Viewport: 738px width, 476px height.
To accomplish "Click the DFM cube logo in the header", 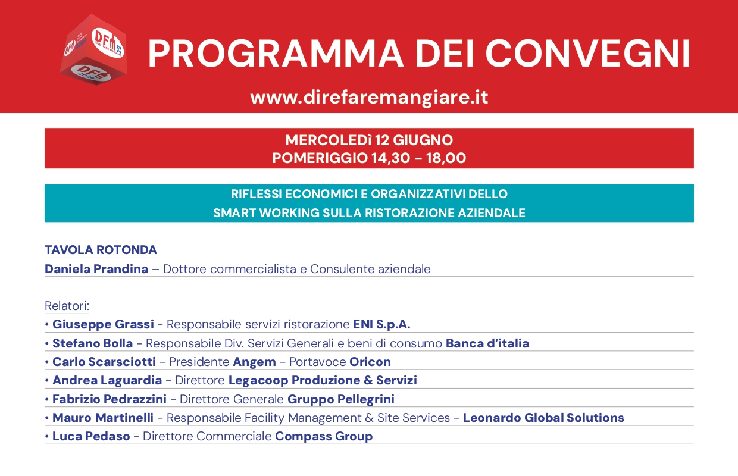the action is click(93, 49).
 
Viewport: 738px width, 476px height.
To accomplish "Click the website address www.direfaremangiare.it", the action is click(369, 98).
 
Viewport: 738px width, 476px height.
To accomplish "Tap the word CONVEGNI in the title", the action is click(588, 54).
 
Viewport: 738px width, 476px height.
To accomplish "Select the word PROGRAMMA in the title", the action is click(276, 54).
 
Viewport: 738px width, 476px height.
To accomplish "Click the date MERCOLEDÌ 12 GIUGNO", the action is click(369, 140).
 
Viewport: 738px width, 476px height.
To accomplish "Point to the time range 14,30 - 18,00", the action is click(419, 158).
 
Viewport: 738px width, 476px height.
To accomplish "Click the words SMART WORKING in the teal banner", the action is click(266, 213).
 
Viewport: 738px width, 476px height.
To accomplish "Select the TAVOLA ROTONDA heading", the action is click(101, 250).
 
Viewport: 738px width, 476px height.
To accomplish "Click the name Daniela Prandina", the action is click(96, 269).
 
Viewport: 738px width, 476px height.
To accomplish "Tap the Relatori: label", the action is click(67, 306).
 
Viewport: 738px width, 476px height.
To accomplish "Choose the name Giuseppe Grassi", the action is click(103, 324).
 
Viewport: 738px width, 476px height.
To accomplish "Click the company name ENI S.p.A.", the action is click(381, 324).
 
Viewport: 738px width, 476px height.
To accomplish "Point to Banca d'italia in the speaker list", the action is click(487, 343).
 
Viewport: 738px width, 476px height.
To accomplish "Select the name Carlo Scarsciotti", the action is click(104, 362).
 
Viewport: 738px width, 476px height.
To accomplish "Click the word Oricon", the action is click(370, 362).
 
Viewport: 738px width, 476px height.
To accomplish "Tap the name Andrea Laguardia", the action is click(107, 380).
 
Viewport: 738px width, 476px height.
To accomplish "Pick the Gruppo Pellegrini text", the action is click(341, 399).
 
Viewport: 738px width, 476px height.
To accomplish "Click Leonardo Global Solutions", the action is click(543, 418).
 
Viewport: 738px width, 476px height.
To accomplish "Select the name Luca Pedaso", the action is click(91, 436).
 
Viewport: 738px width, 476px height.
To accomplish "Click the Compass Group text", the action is click(324, 437).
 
